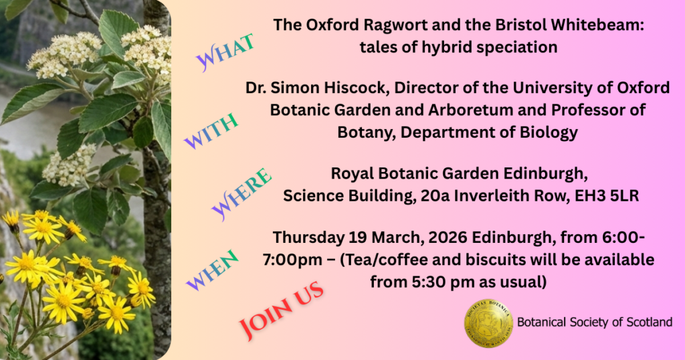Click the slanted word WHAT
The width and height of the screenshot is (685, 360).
[x=225, y=52]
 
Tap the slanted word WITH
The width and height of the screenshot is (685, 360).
[x=211, y=130]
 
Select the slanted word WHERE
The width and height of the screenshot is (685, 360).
[x=241, y=195]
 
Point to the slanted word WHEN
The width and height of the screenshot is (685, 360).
[x=212, y=270]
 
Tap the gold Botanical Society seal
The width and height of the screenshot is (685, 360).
[x=488, y=323]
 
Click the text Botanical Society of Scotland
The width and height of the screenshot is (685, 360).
[x=595, y=323]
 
